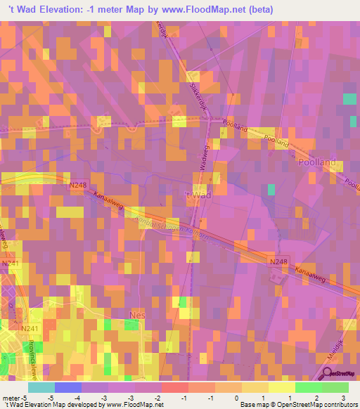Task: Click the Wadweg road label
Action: [x=202, y=152]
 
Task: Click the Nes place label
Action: [x=138, y=316]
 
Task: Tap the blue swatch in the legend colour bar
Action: [x=68, y=387]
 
